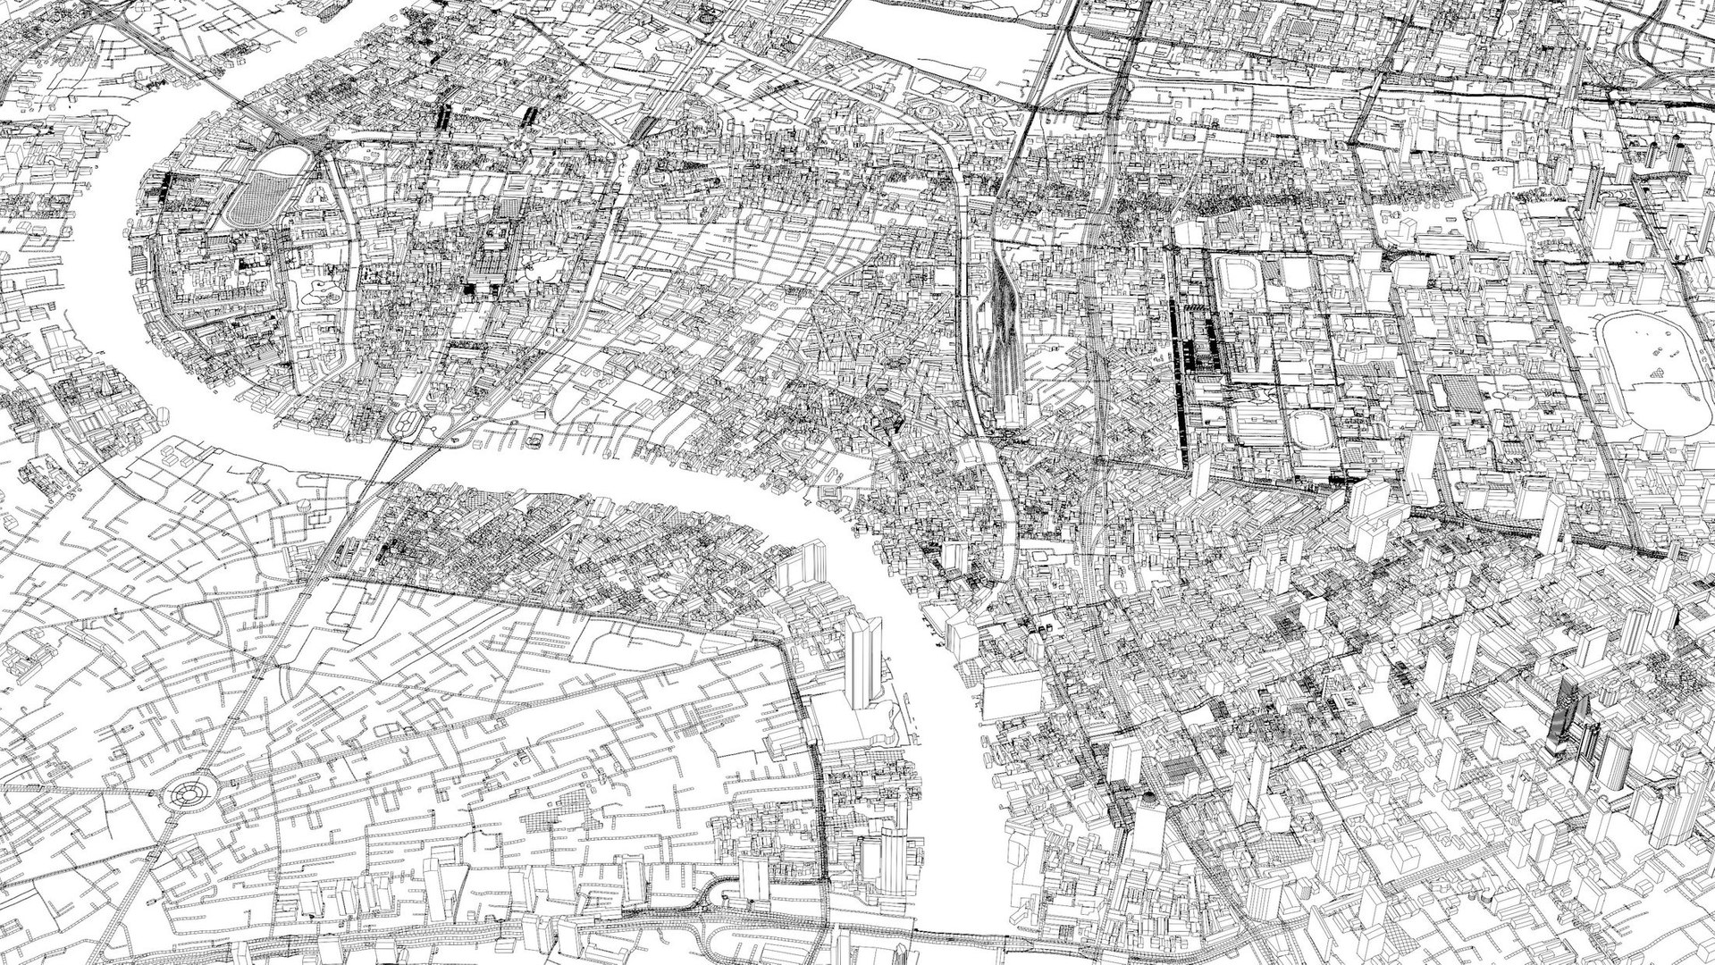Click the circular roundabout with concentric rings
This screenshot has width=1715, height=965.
pyautogui.click(x=189, y=792)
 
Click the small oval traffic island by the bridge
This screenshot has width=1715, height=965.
pyautogui.click(x=405, y=424)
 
